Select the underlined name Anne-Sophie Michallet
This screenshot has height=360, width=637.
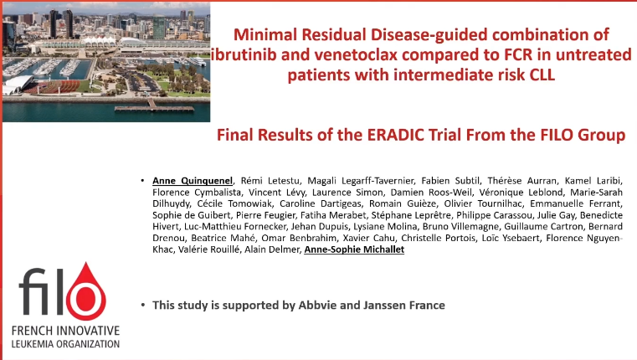click(354, 250)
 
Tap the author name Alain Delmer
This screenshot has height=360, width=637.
click(272, 250)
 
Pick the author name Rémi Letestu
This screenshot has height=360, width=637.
click(259, 181)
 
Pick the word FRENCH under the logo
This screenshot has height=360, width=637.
click(35, 330)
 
